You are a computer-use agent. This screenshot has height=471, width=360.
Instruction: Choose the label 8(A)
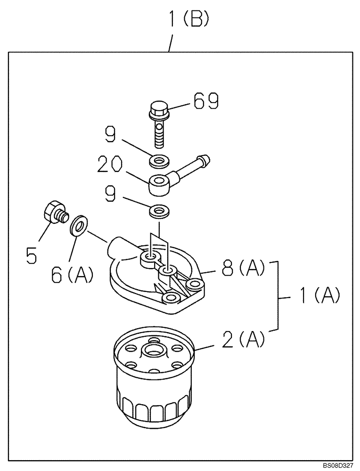pyautogui.click(x=240, y=271)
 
